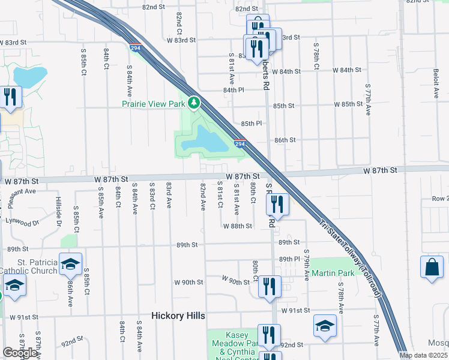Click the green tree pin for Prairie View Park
(194, 104)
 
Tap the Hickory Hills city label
(178, 316)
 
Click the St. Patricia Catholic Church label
(29, 266)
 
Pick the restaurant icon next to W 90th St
(270, 286)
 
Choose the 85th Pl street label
(252, 124)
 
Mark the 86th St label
(285, 140)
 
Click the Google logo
(20, 353)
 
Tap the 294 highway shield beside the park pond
(240, 145)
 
